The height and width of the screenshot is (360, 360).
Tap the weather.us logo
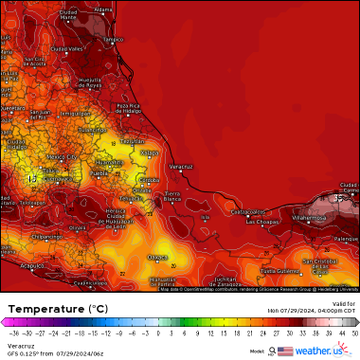click(327, 351)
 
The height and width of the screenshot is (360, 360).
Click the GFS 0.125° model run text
click(45, 353)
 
